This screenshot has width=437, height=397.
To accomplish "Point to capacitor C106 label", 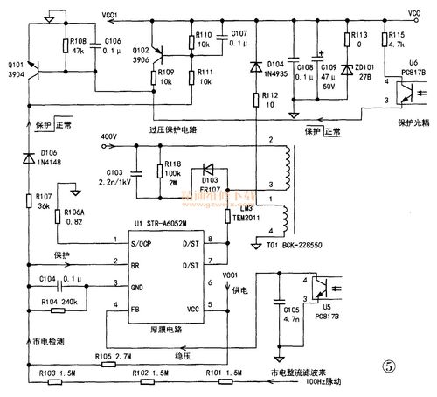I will click(113, 41).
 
